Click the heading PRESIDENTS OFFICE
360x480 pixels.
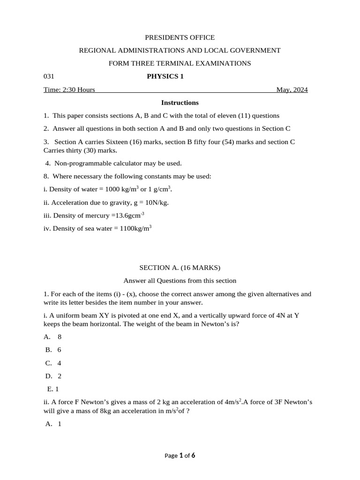point(180,37)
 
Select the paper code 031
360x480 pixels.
point(49,76)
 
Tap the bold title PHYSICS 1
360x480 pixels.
point(165,76)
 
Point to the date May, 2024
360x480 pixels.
point(292,90)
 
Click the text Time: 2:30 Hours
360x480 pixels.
point(69,90)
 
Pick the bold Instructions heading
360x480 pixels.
point(180,102)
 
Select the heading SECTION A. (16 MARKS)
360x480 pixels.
point(180,268)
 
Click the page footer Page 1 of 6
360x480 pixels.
point(180,455)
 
